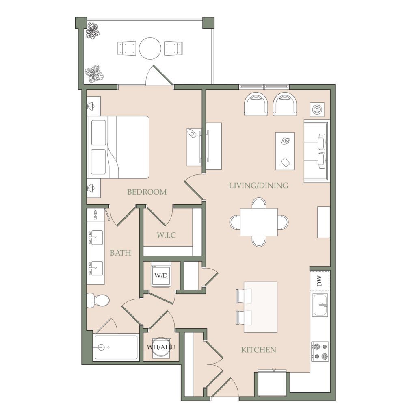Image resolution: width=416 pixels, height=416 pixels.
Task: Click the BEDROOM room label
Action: click(x=147, y=192)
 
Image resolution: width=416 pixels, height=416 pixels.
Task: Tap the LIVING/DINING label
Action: click(x=258, y=185)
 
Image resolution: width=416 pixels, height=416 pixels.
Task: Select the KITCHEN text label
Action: click(x=258, y=350)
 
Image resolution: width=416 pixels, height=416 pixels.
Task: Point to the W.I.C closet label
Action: click(x=166, y=235)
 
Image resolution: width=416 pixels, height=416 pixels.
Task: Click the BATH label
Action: click(x=120, y=253)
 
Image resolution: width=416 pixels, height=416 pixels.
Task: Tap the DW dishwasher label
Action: click(x=319, y=281)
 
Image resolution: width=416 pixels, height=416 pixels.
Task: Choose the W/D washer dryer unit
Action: click(x=161, y=275)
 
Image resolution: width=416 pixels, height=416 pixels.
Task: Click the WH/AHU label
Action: click(x=161, y=347)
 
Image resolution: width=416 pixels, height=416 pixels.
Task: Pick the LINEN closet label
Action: click(x=95, y=214)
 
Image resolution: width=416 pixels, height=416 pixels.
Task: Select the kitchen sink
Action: click(x=320, y=305)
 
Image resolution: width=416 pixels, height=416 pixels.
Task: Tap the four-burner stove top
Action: click(x=320, y=351)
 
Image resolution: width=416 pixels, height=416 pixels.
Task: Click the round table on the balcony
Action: click(x=150, y=48)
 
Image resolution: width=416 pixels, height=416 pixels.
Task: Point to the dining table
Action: click(x=259, y=222)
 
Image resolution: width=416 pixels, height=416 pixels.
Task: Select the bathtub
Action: click(x=116, y=347)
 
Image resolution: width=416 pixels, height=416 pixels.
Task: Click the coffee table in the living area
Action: click(x=285, y=151)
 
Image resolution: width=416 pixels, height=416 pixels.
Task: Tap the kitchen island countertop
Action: click(x=261, y=307)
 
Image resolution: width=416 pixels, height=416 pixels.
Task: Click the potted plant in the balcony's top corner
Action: click(x=92, y=31)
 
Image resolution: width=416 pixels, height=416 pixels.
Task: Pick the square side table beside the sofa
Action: click(x=317, y=109)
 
